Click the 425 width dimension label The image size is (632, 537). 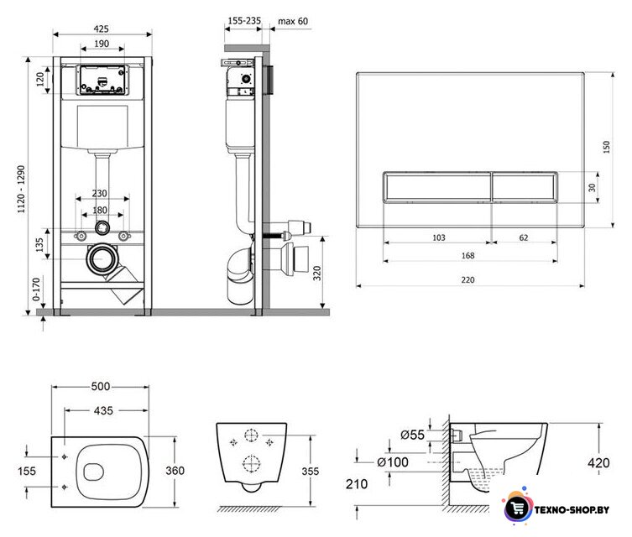coord(101,29)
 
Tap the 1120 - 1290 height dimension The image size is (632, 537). coord(21,189)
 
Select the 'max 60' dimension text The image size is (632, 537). coord(293,21)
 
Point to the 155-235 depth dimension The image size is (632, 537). coord(244,20)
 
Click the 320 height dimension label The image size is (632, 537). coord(317,274)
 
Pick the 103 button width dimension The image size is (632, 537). coord(438,237)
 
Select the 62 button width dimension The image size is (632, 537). coord(523,237)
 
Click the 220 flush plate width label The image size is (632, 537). coord(467,279)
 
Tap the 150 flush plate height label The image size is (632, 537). coord(606,147)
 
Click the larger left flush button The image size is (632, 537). coord(436,187)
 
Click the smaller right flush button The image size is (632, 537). coord(525,187)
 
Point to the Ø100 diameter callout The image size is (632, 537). coord(393,462)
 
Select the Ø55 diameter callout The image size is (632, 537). coord(412,435)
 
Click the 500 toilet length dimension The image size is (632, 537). coord(101,386)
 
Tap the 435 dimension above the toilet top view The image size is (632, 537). coord(103,410)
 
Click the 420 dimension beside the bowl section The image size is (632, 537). coord(598,463)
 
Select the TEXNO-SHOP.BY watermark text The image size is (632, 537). coord(572,510)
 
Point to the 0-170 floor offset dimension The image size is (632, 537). coord(36,289)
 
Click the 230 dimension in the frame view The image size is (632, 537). coord(99,193)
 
